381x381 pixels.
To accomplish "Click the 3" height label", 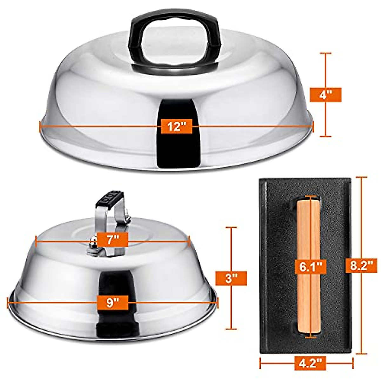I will click(x=231, y=278).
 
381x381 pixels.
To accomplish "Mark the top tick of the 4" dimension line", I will click(x=325, y=54).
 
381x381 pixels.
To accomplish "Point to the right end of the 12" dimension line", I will click(x=313, y=126).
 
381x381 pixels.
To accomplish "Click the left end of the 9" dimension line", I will click(x=8, y=302).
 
